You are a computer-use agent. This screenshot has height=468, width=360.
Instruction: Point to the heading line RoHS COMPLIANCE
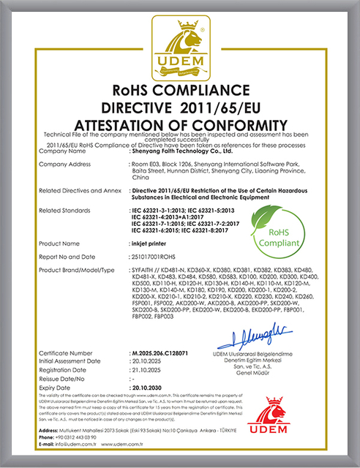coord(180,91)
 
